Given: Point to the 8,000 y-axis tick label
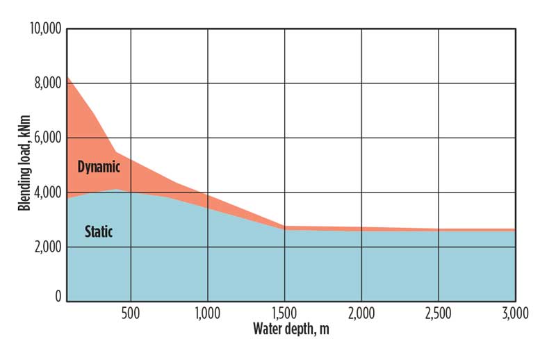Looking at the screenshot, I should [x=47, y=83].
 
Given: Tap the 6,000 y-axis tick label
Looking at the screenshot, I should [x=47, y=138].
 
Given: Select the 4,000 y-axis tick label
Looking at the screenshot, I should [x=47, y=193].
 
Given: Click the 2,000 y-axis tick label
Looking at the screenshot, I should [x=47, y=247].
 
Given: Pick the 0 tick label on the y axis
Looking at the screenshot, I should [x=58, y=297].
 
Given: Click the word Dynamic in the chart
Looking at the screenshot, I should [x=99, y=167].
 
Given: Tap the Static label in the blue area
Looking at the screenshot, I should [x=98, y=232].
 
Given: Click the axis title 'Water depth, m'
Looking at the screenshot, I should [x=291, y=329].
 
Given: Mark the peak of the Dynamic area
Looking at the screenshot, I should [x=67, y=76].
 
